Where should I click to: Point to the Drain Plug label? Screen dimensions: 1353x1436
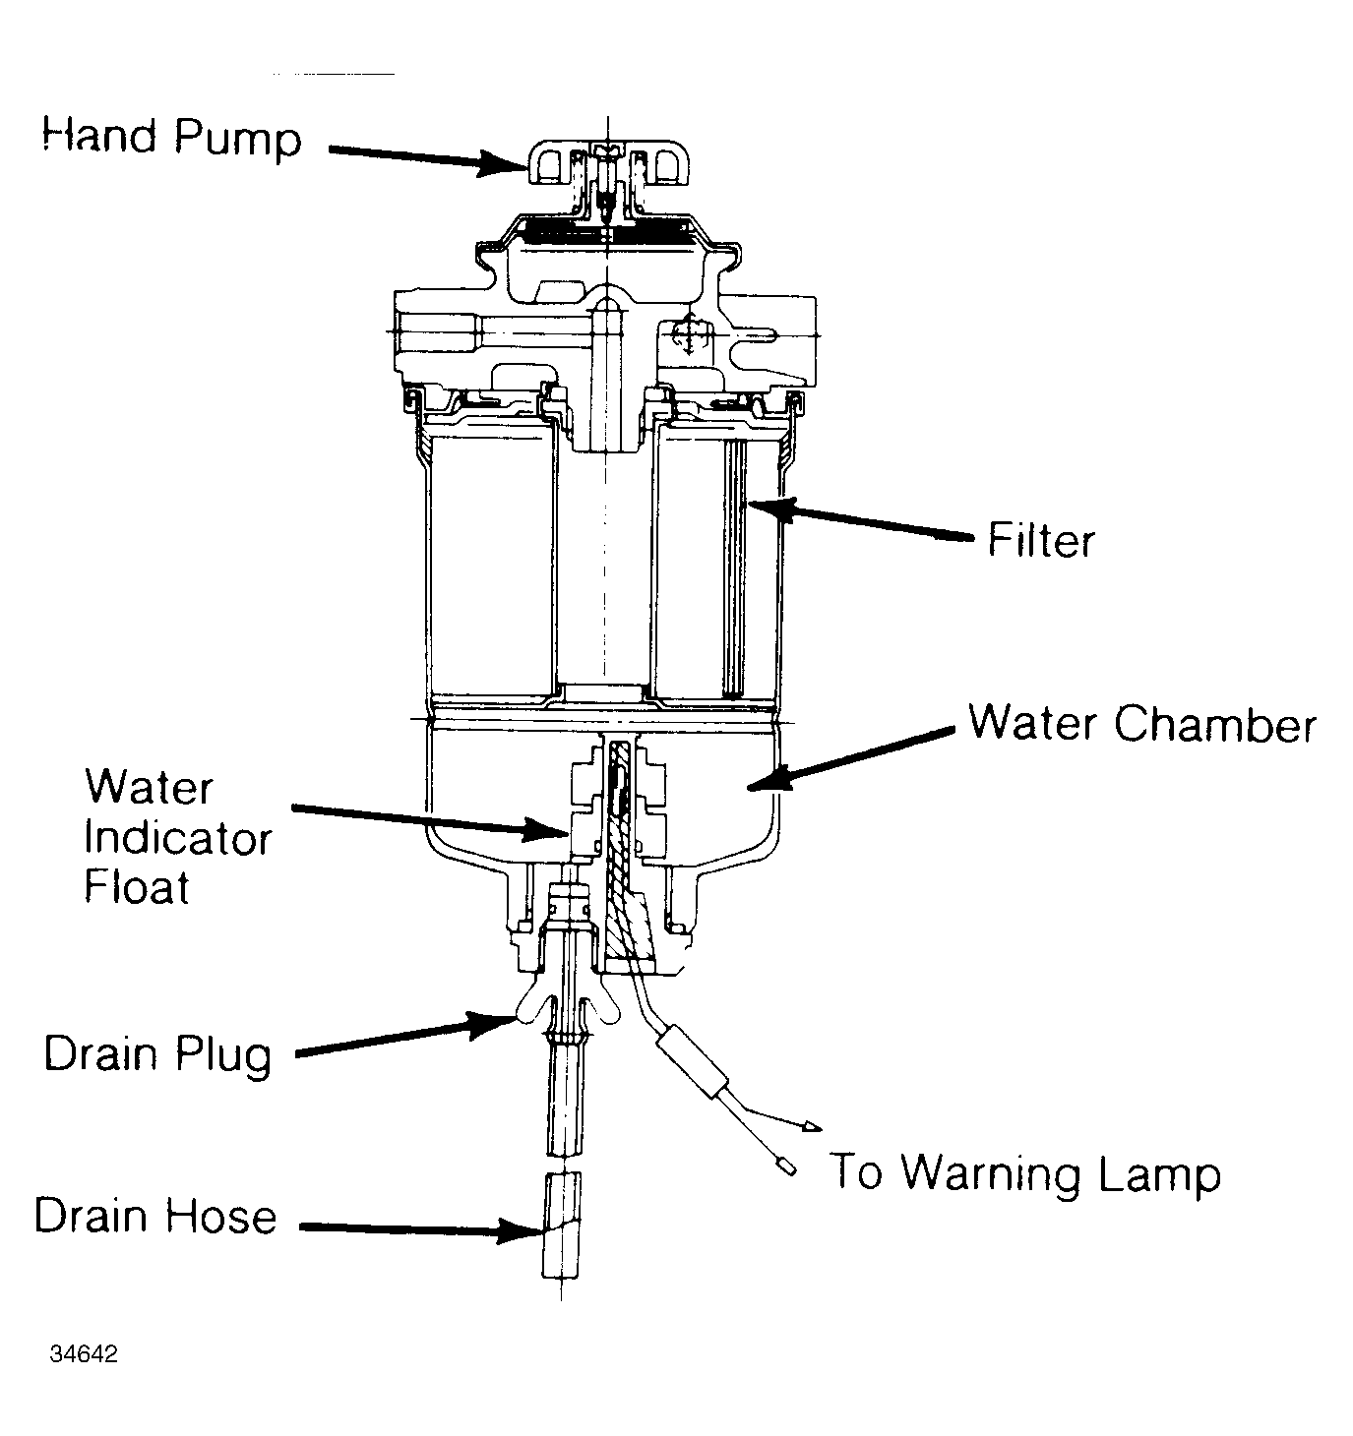157,1055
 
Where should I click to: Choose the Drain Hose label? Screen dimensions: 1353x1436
155,1217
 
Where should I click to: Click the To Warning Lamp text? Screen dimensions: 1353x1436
1025,1172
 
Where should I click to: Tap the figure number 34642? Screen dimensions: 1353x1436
84,1353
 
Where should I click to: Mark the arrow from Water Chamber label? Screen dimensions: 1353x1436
851,759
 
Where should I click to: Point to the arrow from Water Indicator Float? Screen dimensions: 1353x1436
430,822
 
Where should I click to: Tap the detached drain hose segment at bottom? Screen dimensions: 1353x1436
562,1227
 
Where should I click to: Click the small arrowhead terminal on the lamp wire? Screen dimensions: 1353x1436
812,1126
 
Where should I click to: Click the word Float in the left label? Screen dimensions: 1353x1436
137,886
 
